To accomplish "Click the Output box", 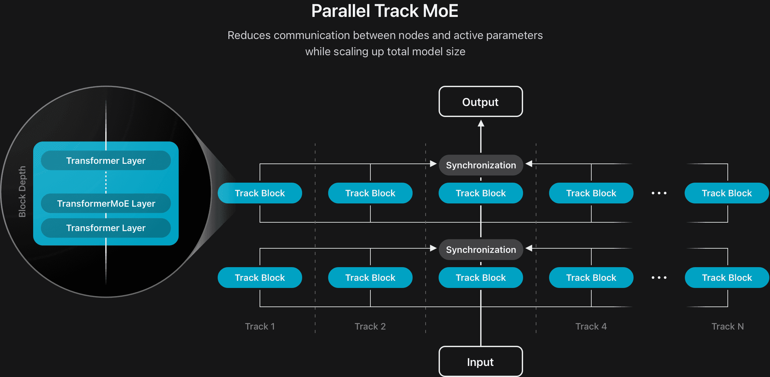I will pyautogui.click(x=481, y=102).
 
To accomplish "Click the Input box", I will pyautogui.click(x=481, y=362).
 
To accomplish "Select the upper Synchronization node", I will pyautogui.click(x=481, y=165).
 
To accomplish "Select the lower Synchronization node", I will pyautogui.click(x=481, y=250).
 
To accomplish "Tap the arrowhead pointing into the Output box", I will pyautogui.click(x=481, y=123).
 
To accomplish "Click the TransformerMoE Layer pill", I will pyautogui.click(x=106, y=203).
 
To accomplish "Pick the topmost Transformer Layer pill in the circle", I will pyautogui.click(x=106, y=161).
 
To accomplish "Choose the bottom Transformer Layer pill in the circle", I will pyautogui.click(x=106, y=228).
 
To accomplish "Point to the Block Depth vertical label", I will pyautogui.click(x=22, y=191).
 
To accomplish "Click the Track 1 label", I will pyautogui.click(x=260, y=326).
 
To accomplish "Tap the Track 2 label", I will pyautogui.click(x=370, y=326).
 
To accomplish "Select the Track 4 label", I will pyautogui.click(x=591, y=326).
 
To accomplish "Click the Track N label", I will pyautogui.click(x=727, y=326).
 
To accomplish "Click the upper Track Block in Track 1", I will pyautogui.click(x=260, y=193).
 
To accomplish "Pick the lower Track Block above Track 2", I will pyautogui.click(x=370, y=278).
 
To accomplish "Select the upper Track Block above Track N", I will pyautogui.click(x=727, y=193).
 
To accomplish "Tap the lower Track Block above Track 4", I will pyautogui.click(x=591, y=278).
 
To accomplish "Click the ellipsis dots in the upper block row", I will pyautogui.click(x=659, y=193).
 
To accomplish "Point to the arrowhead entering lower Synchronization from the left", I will pyautogui.click(x=433, y=248).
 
